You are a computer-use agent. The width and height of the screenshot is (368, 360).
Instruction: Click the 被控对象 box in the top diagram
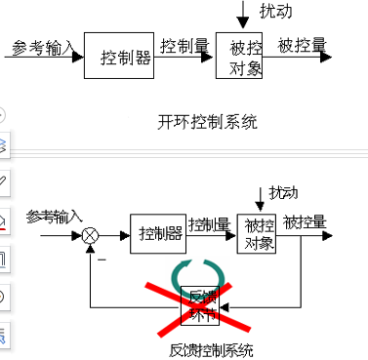tap(240, 58)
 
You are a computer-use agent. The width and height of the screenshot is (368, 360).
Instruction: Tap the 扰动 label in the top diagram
tap(275, 12)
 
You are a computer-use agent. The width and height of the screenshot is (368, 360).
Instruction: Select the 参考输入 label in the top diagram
tap(43, 46)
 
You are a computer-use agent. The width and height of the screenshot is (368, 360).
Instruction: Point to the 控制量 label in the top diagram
tap(184, 45)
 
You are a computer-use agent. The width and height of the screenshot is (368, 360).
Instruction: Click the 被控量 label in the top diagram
tap(303, 45)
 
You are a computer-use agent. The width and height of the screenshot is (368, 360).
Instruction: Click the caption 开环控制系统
tap(207, 122)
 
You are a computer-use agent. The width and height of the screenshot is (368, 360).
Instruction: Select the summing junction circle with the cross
tap(91, 235)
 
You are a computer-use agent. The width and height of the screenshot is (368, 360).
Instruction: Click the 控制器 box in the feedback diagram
tap(158, 233)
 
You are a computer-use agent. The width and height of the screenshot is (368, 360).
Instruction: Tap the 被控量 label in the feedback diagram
tap(305, 222)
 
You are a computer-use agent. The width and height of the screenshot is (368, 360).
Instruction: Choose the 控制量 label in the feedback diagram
tap(210, 223)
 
